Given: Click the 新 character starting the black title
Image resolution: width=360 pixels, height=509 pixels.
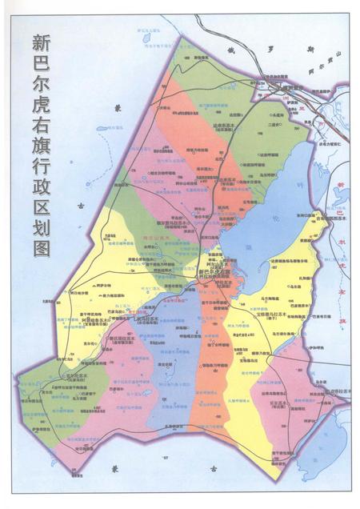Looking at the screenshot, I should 40,44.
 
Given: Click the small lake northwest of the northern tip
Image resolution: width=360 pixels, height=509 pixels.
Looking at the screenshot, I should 147,36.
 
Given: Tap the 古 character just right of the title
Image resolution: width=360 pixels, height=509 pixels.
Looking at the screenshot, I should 79,206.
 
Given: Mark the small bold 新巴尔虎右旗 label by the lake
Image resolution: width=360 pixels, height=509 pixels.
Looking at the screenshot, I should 214,274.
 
